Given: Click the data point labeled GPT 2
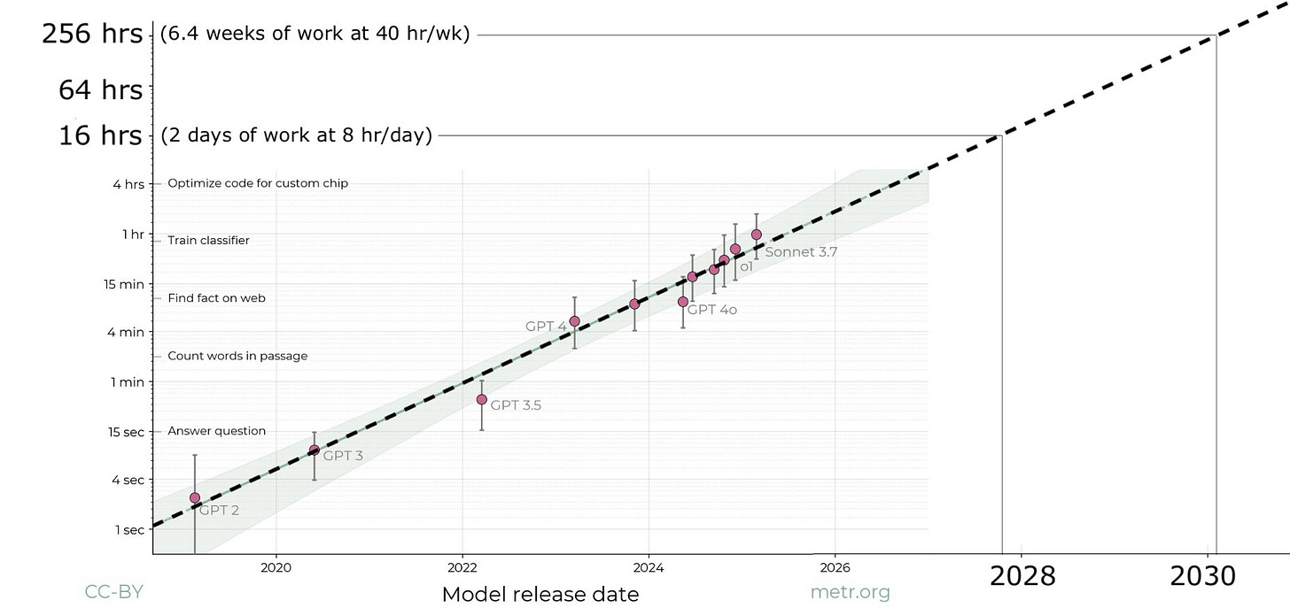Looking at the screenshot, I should point(195,498).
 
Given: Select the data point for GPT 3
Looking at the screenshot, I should point(314,450).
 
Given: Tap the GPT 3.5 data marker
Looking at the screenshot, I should point(482,400).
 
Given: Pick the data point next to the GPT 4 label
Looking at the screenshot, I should point(574,321).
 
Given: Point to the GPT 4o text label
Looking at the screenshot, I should point(711,310).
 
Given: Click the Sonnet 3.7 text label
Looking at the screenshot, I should point(801,251).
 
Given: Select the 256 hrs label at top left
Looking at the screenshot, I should point(92,35).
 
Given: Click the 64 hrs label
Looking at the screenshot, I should point(100,90).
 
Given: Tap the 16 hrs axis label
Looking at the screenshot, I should point(100,135).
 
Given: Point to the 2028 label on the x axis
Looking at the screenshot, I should point(1022,576).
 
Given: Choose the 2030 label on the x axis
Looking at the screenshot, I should point(1202,576).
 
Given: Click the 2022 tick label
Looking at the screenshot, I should point(462,566).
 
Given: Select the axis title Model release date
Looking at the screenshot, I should point(540,594).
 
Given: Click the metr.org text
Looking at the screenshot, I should point(850,592).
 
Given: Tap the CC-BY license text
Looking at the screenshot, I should point(113,592).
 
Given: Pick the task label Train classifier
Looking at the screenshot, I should point(208,241).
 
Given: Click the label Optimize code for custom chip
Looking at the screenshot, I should point(258,183).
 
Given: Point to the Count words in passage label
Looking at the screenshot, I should point(237,356).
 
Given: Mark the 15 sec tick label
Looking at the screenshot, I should point(126,432).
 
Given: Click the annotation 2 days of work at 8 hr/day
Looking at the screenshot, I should point(297,135).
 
